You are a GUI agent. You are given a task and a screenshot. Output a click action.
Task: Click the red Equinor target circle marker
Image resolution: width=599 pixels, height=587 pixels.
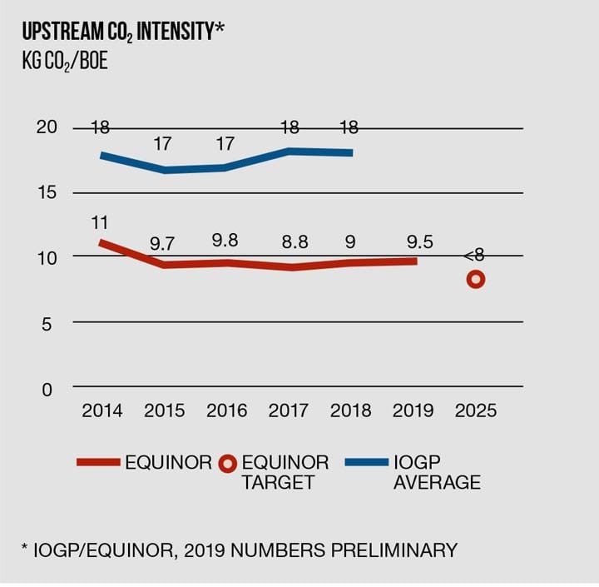476,280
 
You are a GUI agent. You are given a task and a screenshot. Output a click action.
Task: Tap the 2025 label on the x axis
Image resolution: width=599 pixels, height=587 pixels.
476,411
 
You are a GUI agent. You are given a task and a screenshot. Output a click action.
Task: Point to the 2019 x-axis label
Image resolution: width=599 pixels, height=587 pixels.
413,411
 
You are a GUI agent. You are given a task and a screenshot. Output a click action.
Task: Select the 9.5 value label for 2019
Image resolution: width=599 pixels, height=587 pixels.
413,242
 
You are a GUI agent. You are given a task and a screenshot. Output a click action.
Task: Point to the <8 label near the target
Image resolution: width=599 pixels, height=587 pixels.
473,256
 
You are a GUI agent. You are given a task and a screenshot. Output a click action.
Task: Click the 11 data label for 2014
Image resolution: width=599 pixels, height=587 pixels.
101,223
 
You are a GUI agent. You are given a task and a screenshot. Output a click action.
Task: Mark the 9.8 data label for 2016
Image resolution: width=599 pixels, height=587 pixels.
225,241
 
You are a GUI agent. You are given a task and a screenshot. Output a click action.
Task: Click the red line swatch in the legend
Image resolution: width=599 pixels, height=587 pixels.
98,462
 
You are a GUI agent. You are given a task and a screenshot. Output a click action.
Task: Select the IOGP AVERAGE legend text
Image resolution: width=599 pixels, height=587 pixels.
437,472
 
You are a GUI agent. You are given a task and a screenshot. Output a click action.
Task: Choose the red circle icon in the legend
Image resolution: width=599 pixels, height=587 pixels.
229,463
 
